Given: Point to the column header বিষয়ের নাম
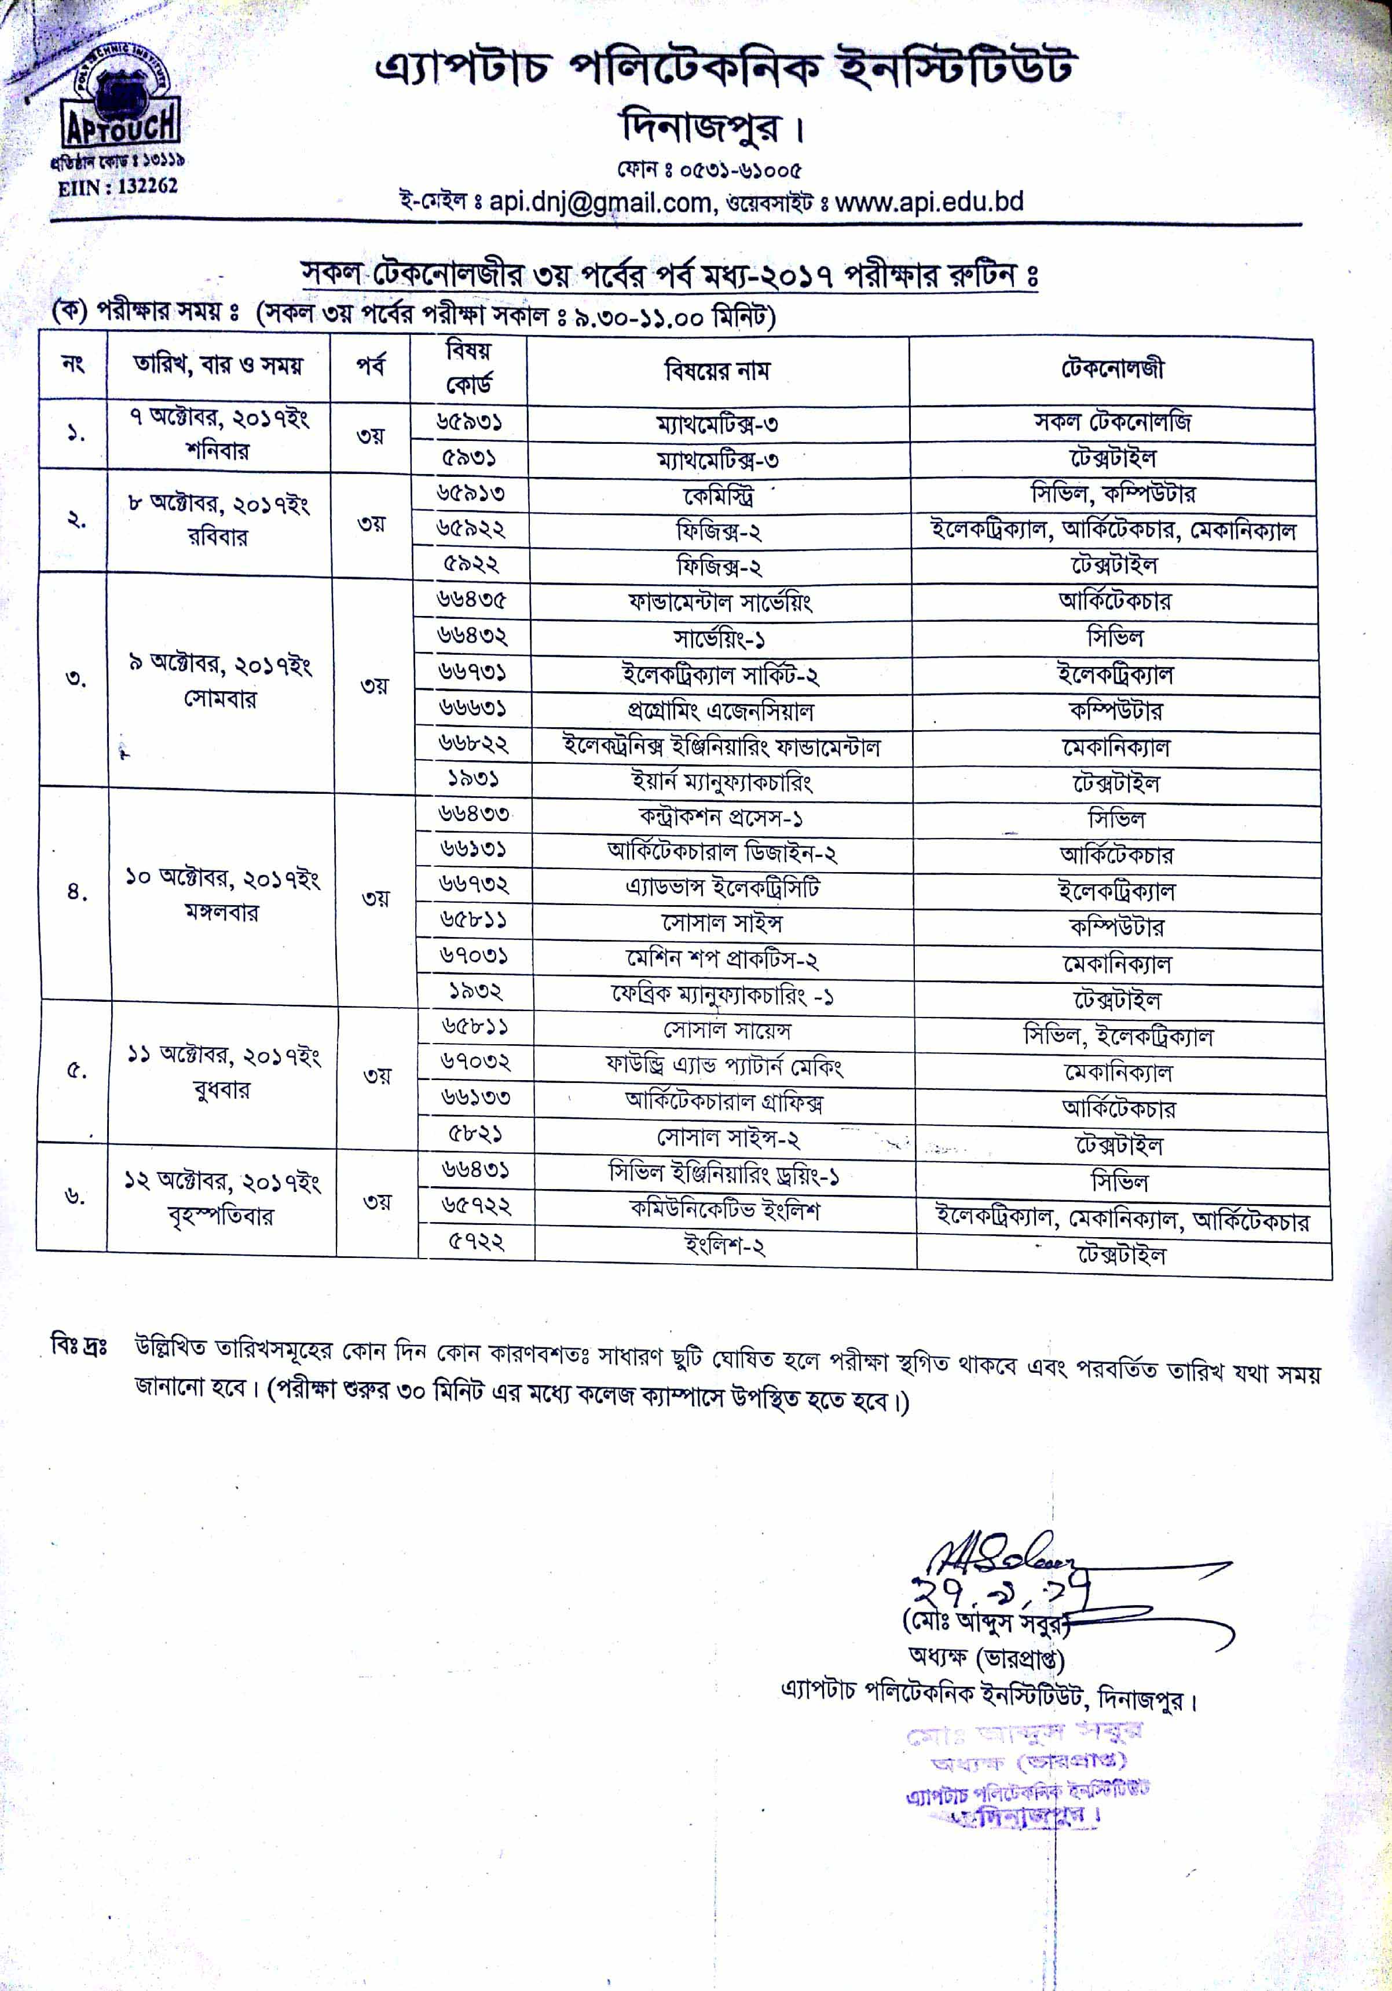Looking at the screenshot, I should coord(717,371).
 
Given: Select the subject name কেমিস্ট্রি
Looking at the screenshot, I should coord(717,496).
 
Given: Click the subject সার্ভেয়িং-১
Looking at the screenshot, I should coord(719,639).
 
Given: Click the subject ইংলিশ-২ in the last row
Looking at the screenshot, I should coord(724,1246).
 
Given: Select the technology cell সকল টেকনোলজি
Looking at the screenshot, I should coord(1112,422).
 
